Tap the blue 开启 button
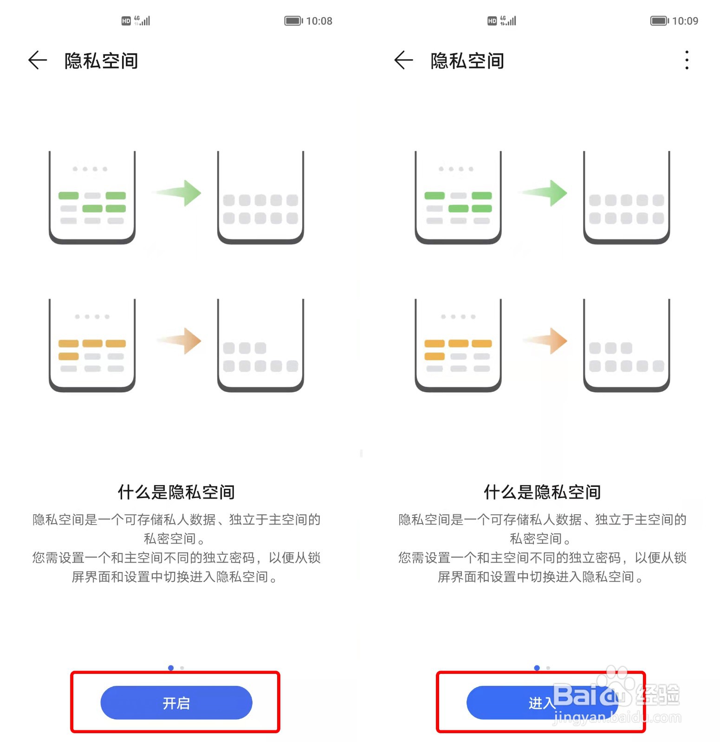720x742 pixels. pyautogui.click(x=176, y=703)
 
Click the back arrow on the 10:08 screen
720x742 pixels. pyautogui.click(x=38, y=60)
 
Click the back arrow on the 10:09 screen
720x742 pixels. pyautogui.click(x=403, y=60)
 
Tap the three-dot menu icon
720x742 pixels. pyautogui.click(x=687, y=60)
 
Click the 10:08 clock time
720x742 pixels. pyautogui.click(x=319, y=21)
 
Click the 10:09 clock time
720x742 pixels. pyautogui.click(x=685, y=21)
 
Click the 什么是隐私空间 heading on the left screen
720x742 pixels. pyautogui.click(x=176, y=492)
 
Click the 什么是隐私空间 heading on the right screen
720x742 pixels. pyautogui.click(x=542, y=492)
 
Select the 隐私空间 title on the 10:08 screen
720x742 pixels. pyautogui.click(x=101, y=61)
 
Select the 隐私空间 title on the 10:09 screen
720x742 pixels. pyautogui.click(x=467, y=61)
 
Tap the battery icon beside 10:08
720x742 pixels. pyautogui.click(x=293, y=21)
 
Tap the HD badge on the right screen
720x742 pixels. pyautogui.click(x=492, y=21)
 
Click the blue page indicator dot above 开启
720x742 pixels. pyautogui.click(x=171, y=668)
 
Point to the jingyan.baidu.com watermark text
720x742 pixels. pyautogui.click(x=617, y=718)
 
